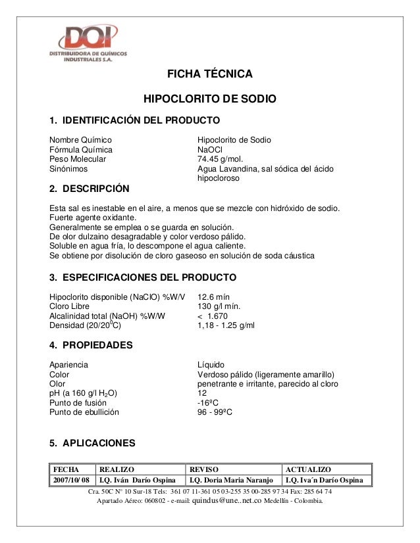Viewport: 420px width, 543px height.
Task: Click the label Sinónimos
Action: [68, 169]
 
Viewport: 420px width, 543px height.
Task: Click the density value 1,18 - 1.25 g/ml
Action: [226, 325]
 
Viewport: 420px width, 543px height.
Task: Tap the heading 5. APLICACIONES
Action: [93, 442]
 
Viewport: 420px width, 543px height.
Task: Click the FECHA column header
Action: [66, 469]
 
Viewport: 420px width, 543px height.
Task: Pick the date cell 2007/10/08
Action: [71, 480]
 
